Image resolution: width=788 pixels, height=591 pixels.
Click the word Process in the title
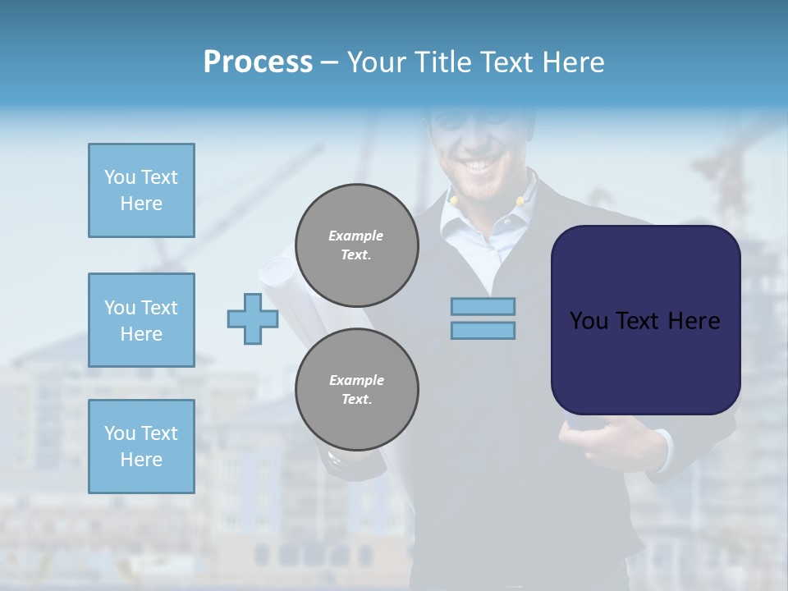tap(258, 62)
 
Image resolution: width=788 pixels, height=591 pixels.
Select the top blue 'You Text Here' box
tap(141, 190)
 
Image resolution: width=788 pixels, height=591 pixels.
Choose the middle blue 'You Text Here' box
tap(141, 320)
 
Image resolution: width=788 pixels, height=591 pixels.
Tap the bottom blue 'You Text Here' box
tap(141, 447)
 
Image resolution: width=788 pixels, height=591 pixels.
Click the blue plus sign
tap(253, 318)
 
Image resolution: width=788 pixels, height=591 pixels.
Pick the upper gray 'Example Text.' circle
tap(356, 245)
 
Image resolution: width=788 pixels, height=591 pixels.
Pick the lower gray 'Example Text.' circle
tap(356, 390)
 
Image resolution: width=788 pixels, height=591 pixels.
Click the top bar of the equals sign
tap(483, 306)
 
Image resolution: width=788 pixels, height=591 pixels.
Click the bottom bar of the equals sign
tap(483, 331)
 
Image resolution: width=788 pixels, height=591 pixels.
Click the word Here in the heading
tap(571, 62)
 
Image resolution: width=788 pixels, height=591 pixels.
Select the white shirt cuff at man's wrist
tap(662, 451)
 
